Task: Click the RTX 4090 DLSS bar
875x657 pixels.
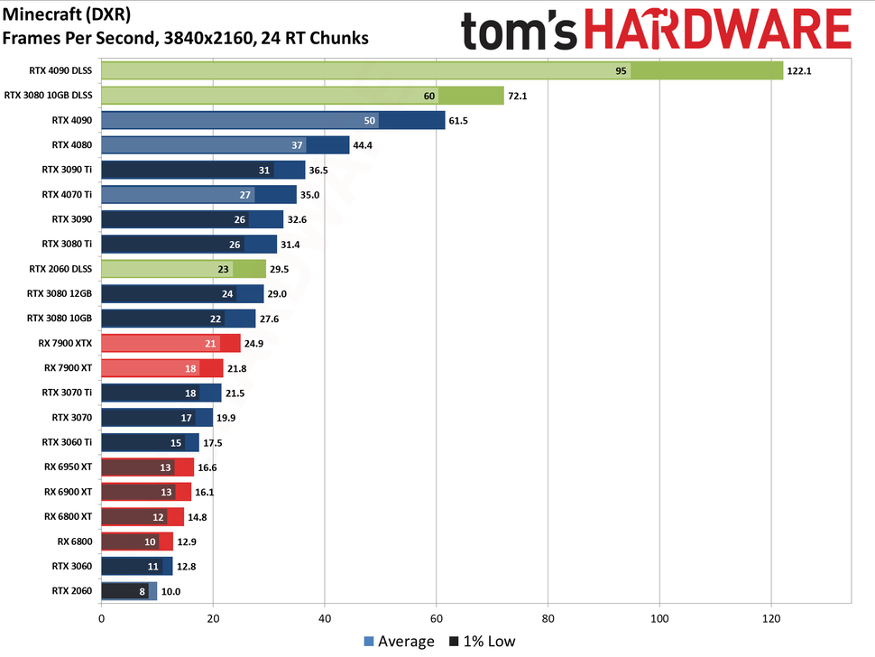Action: [x=442, y=70]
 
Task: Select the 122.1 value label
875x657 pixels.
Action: [x=799, y=70]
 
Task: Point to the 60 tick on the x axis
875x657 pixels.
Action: [x=437, y=619]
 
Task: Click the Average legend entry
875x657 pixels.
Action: [x=399, y=642]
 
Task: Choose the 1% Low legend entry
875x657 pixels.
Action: [x=484, y=642]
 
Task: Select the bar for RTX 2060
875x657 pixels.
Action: [x=129, y=591]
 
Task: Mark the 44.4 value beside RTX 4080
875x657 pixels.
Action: [x=366, y=144]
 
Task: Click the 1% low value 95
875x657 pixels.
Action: [x=621, y=70]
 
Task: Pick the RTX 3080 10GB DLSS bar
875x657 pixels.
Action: [x=302, y=95]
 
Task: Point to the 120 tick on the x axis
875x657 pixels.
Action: [x=771, y=619]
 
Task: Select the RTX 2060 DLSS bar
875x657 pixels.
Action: [x=183, y=268]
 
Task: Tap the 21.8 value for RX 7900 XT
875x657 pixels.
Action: [x=240, y=367]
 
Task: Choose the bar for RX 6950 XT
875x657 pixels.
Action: [x=147, y=467]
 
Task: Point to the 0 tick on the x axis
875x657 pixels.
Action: [x=101, y=619]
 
